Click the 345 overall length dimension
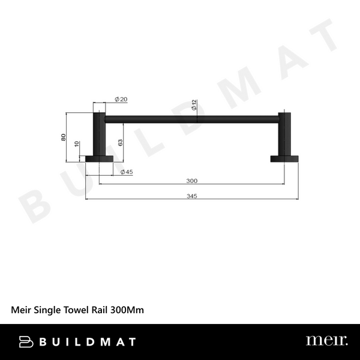click(192, 196)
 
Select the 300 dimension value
click(192, 181)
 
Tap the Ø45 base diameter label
click(126, 172)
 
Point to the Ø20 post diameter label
click(120, 100)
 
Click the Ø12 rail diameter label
click(194, 106)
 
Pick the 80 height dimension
click(64, 137)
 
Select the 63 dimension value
click(120, 142)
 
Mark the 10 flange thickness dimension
click(76, 144)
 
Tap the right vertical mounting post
click(285, 135)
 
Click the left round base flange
click(99, 159)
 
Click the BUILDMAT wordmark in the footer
click(88, 342)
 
